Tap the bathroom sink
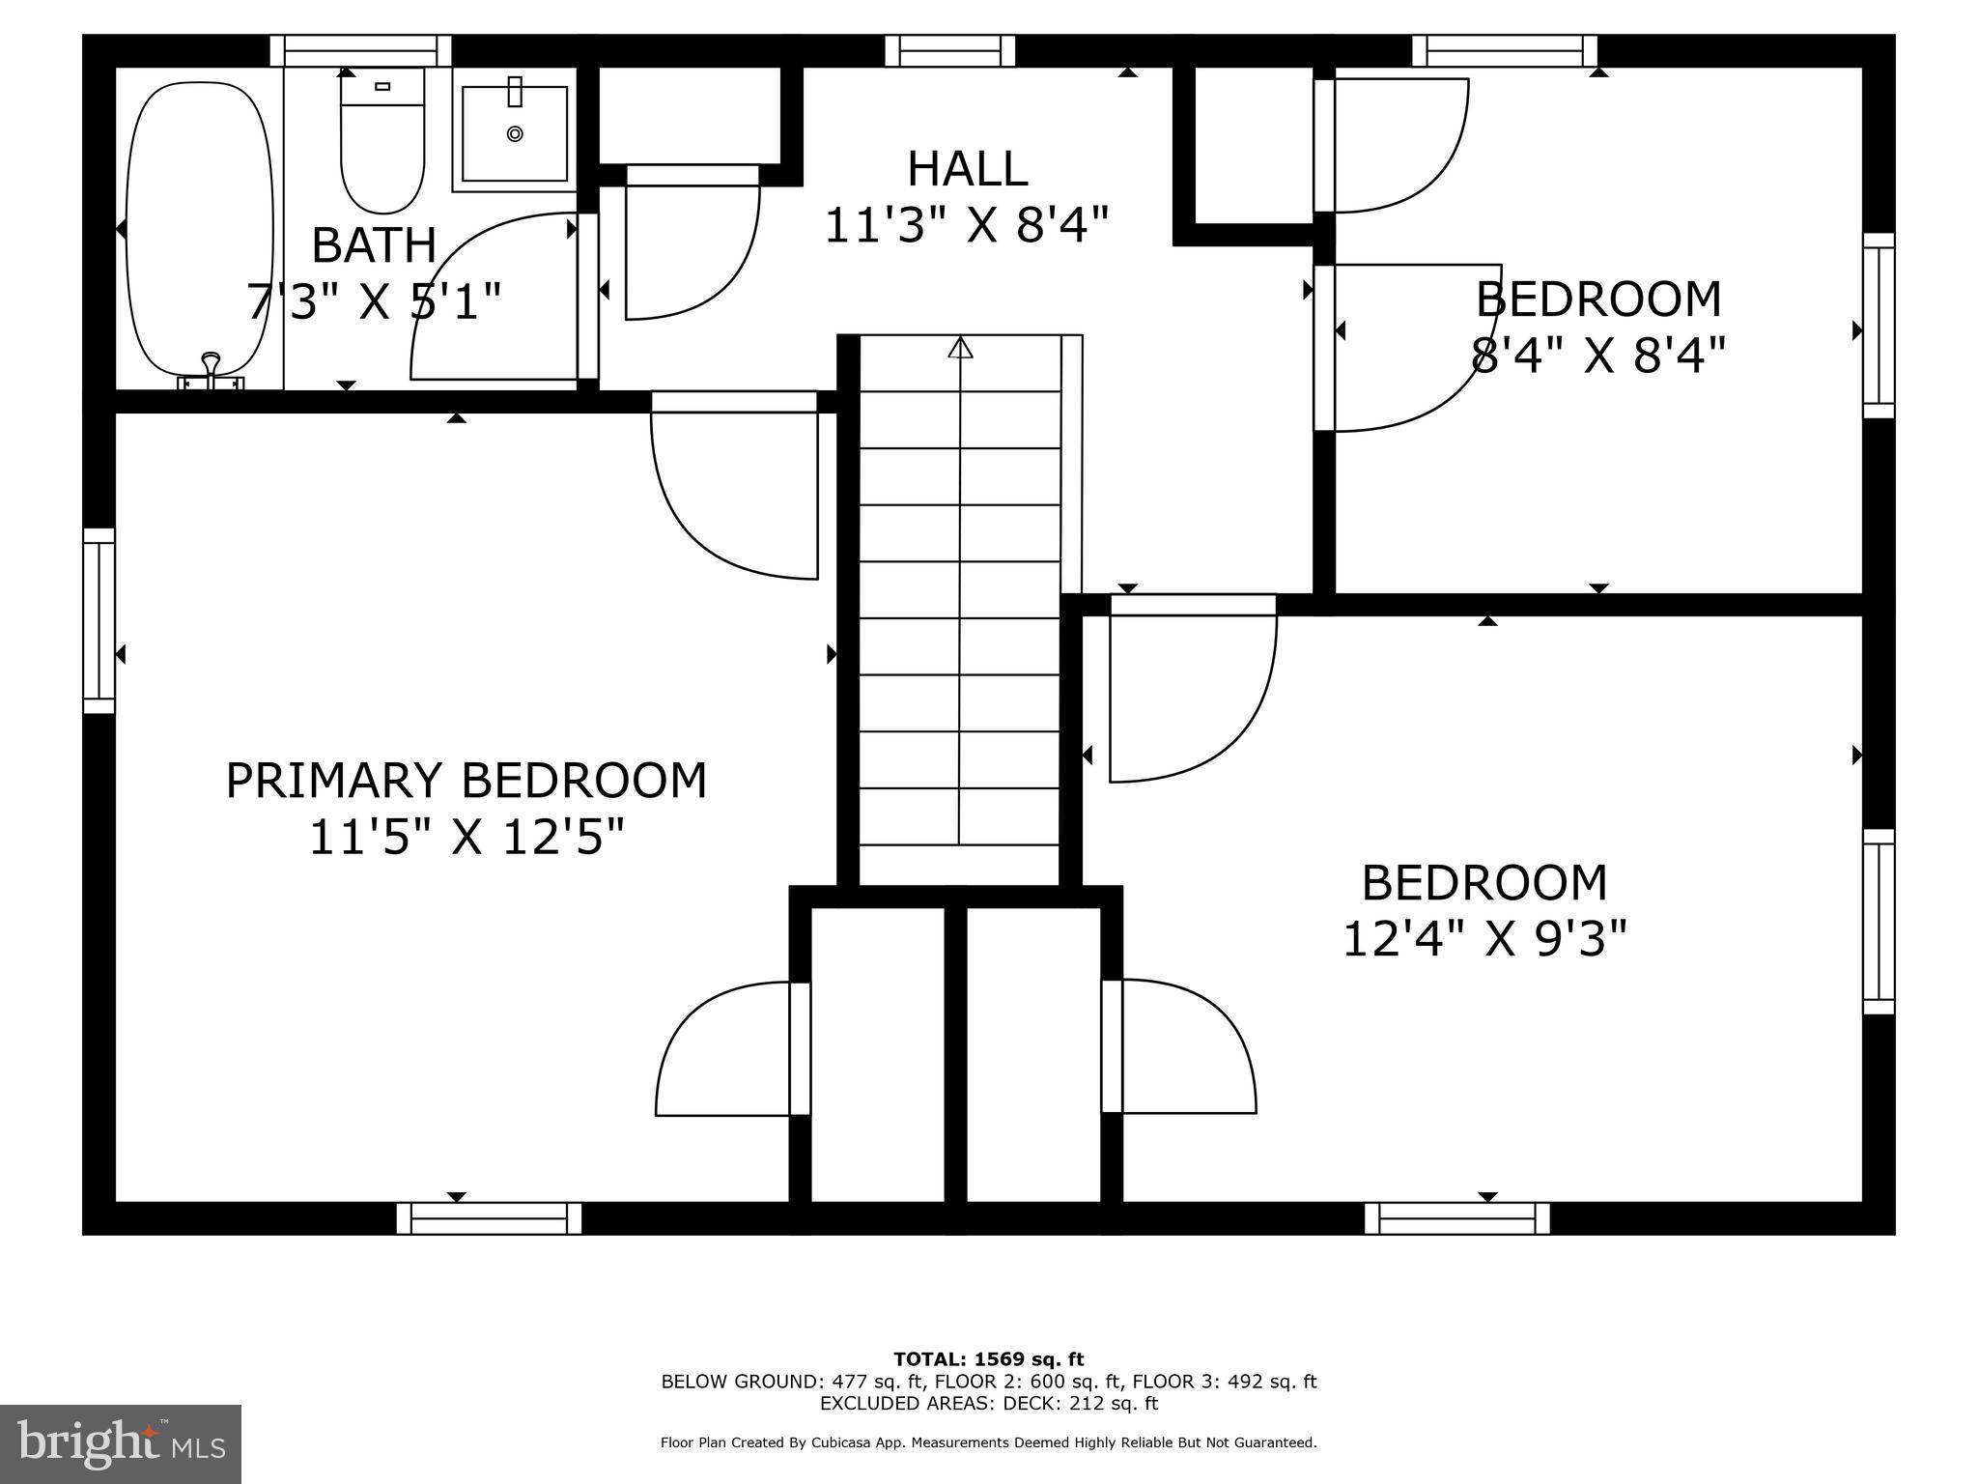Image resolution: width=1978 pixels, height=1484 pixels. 515,133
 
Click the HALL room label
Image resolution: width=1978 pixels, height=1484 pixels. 967,169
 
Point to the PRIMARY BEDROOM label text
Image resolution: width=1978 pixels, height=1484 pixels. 466,781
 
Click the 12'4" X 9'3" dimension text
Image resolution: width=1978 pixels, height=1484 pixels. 1484,938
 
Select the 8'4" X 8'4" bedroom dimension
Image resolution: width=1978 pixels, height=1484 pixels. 1597,355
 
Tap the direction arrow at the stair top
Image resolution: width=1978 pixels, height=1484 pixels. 960,348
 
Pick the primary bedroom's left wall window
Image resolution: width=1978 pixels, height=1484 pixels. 99,620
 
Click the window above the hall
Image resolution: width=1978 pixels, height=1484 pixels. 949,50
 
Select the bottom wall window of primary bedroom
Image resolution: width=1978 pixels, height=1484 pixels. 489,1218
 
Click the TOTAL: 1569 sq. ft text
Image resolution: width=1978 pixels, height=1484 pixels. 988,1359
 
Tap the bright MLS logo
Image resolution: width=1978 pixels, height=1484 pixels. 121,1443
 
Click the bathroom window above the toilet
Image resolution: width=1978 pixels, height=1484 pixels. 360,50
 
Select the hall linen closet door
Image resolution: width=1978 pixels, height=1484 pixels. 691,242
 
